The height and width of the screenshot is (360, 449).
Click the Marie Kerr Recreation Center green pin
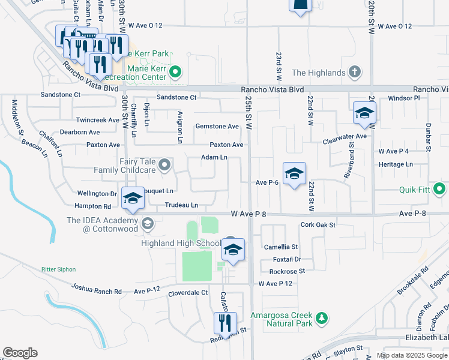175,73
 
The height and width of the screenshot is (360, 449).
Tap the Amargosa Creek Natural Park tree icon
322,317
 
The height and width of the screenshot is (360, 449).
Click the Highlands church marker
355,73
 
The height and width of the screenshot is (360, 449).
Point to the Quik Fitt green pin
440,190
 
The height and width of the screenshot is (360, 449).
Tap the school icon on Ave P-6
294,174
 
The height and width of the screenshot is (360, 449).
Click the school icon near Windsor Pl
364,113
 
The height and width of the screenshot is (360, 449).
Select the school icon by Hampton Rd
133,199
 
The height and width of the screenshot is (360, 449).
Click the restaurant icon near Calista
225,323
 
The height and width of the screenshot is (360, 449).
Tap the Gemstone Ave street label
217,127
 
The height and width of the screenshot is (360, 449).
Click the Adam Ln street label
214,158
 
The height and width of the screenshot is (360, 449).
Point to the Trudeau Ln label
181,205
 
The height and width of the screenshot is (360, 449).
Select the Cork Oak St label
318,225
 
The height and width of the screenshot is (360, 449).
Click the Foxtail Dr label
286,260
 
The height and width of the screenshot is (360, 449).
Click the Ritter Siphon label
60,270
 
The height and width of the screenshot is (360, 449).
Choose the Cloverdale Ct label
187,293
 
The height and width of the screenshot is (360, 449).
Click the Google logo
20,353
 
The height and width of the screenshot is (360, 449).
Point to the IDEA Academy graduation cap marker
147,224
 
